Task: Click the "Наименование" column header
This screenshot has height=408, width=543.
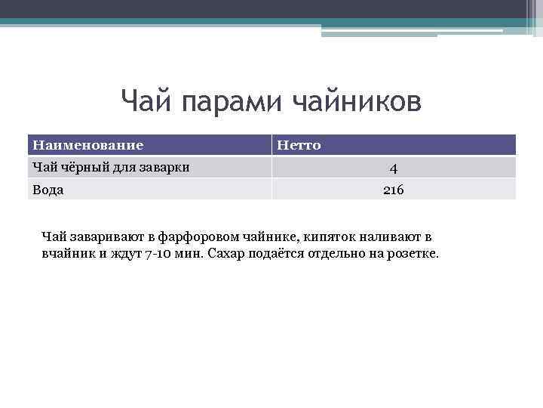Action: coord(87,145)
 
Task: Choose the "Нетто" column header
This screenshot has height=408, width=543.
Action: coord(299,145)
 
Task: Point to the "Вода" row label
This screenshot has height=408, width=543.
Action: coord(47,190)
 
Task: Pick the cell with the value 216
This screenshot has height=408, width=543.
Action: coord(393,190)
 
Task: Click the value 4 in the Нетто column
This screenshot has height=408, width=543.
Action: coord(393,168)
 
